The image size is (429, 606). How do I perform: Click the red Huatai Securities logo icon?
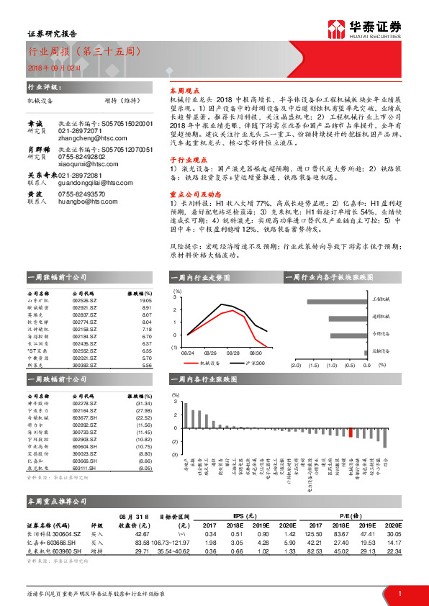pos(339,29)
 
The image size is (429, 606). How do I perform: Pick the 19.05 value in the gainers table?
pos(144,301)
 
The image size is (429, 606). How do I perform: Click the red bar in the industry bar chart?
pos(351,432)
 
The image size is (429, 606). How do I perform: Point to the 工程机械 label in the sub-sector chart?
pos(381,297)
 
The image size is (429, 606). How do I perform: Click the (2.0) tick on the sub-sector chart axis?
pos(294,365)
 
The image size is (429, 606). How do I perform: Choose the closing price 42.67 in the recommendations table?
pos(140,533)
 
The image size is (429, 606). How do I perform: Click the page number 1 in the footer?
pos(399,592)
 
